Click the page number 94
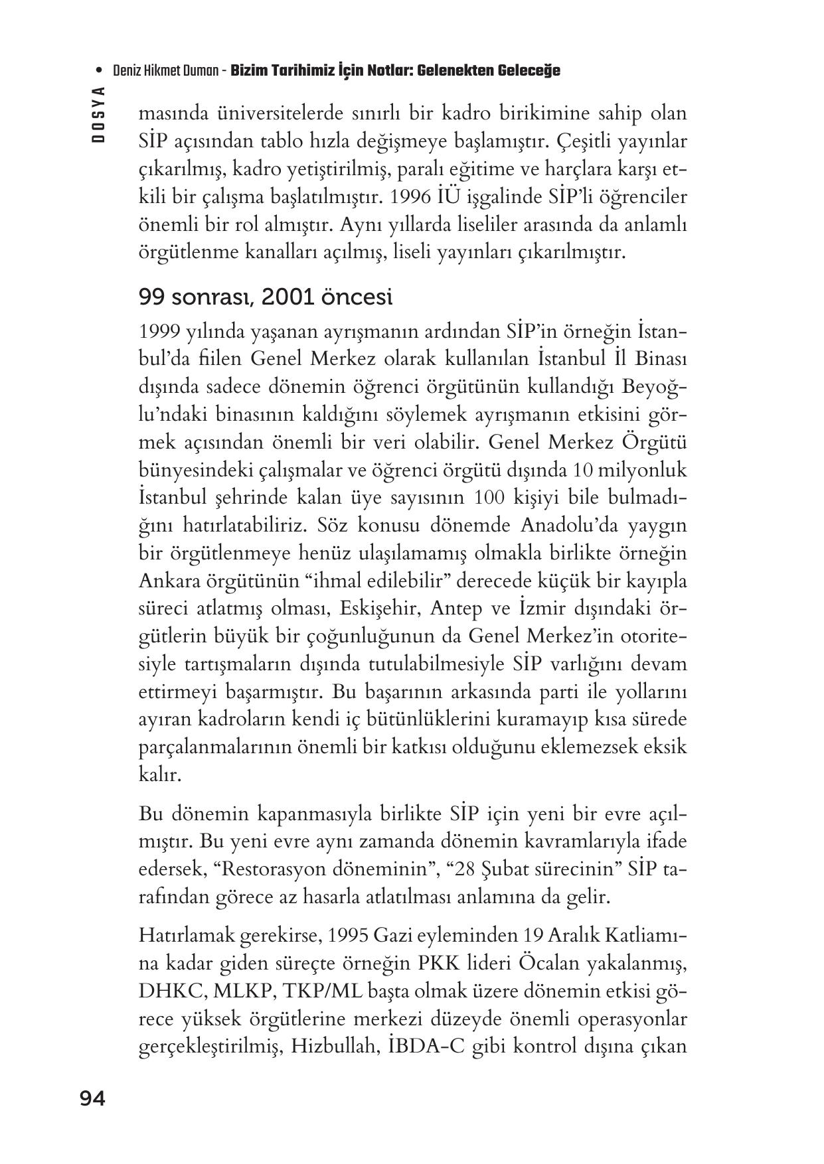[92, 1099]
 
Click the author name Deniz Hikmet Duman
[166, 70]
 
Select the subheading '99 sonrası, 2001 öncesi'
[266, 297]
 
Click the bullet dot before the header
[99, 70]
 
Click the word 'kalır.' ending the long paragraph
[159, 774]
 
